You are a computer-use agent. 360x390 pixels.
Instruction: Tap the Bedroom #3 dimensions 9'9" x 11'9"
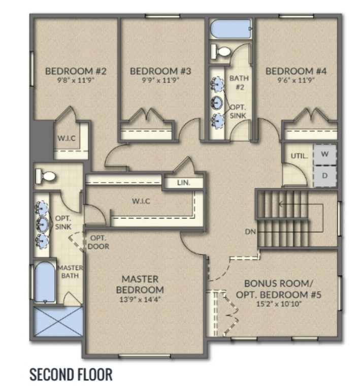pos(160,80)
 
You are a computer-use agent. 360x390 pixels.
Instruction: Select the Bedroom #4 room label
pos(296,71)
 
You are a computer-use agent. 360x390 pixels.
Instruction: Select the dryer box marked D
pos(324,176)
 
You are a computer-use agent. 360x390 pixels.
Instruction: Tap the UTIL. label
pos(299,156)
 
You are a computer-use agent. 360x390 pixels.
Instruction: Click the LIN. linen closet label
pos(183,183)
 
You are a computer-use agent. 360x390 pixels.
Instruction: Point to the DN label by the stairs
pos(250,232)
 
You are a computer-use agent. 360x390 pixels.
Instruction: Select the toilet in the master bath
pos(46,177)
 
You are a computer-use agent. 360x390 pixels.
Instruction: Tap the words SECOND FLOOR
pos(71,375)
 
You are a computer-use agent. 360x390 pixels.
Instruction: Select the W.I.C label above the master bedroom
pos(141,201)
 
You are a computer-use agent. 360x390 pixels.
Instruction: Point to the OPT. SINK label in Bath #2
pos(238,111)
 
